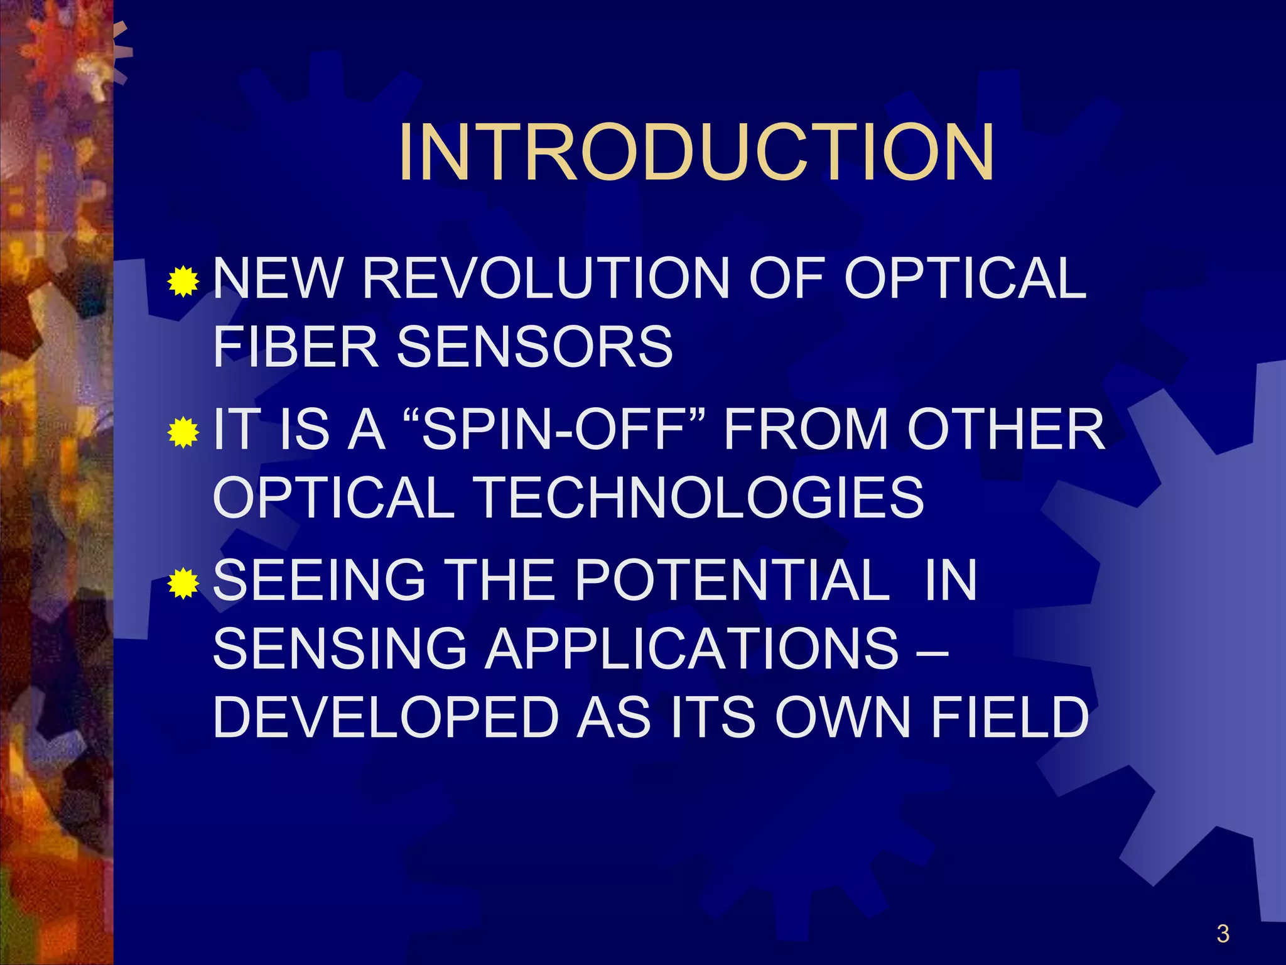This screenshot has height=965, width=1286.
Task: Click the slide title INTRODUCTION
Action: click(x=696, y=153)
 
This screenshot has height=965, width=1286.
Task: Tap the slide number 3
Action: click(x=1223, y=934)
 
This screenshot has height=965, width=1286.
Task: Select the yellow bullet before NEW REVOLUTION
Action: click(x=183, y=281)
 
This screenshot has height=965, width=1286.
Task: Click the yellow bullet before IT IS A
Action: click(x=183, y=432)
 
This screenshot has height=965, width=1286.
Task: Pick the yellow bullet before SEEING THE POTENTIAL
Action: click(x=183, y=583)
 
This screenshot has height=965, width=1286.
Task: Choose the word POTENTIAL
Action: click(x=732, y=581)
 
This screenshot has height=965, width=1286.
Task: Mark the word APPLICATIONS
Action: click(x=693, y=649)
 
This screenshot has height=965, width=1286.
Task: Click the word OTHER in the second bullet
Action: click(x=1005, y=429)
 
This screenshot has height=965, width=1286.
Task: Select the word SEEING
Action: click(x=320, y=581)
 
